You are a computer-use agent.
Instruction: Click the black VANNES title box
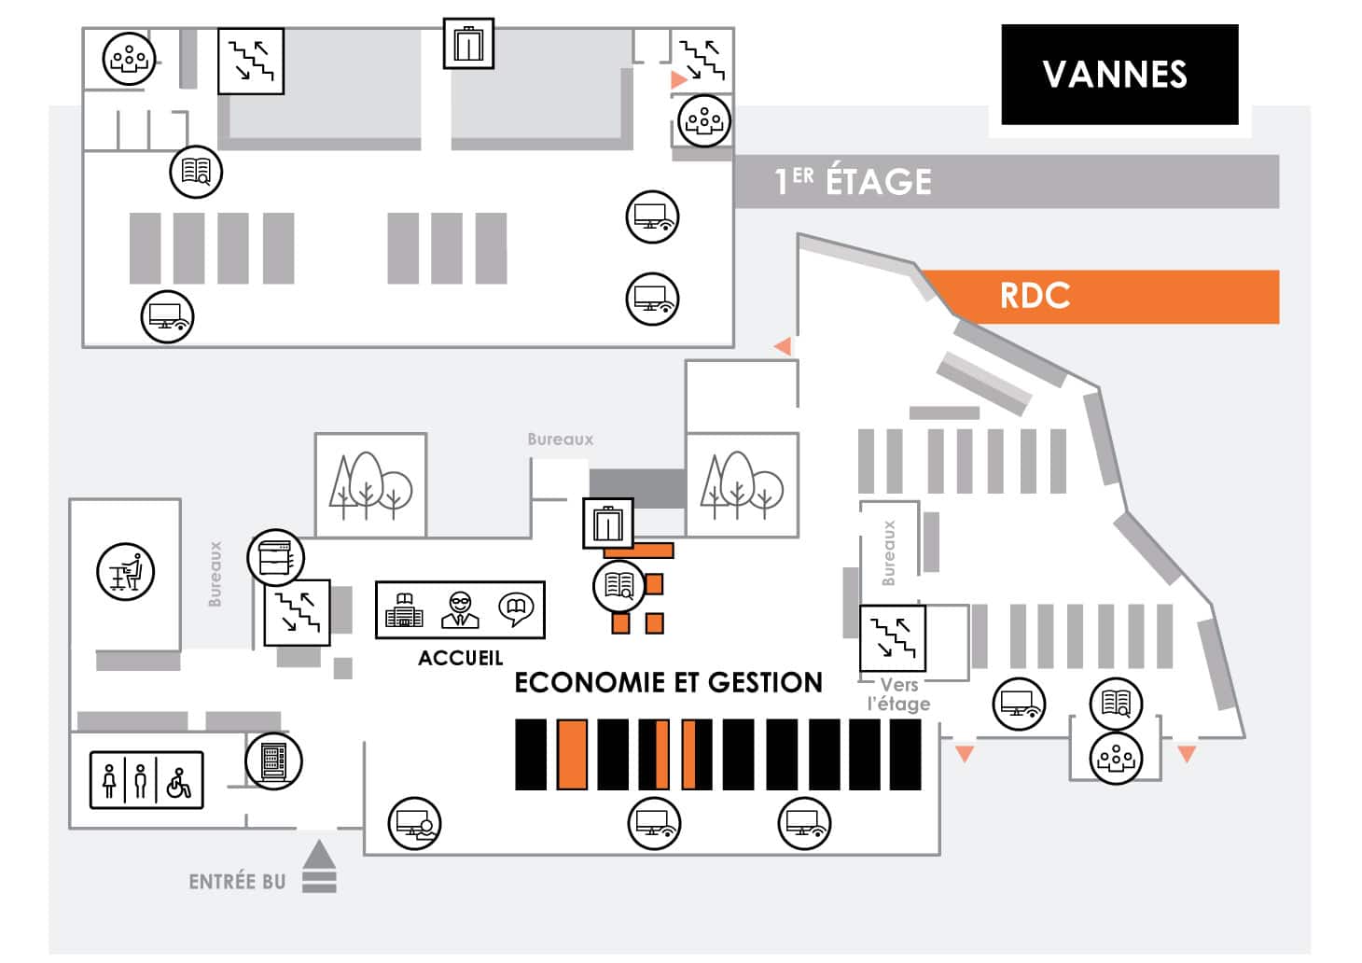[x=1119, y=75]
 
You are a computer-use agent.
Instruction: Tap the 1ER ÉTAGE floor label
[x=853, y=181]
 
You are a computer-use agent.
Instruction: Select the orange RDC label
[x=1035, y=296]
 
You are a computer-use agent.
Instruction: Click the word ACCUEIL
[x=460, y=658]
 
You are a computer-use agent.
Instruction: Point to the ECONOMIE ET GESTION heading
[x=668, y=682]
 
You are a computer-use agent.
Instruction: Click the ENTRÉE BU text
[x=237, y=882]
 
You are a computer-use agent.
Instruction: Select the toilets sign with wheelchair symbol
[x=146, y=780]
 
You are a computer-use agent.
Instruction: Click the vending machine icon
[x=273, y=761]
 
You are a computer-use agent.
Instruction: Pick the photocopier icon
[x=275, y=557]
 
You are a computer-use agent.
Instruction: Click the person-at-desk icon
[x=126, y=572]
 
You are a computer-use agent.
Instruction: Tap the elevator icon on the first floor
[x=468, y=43]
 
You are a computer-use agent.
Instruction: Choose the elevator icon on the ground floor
[x=608, y=523]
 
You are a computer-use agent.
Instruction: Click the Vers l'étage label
[x=898, y=694]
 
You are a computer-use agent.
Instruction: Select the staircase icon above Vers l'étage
[x=893, y=638]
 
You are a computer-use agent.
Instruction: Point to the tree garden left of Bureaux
[x=371, y=485]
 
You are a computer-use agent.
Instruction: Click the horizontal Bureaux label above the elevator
[x=560, y=440]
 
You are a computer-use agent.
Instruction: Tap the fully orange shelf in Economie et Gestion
[x=572, y=754]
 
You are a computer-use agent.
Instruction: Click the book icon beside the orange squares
[x=619, y=586]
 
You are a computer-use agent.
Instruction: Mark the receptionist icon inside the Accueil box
[x=460, y=609]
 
